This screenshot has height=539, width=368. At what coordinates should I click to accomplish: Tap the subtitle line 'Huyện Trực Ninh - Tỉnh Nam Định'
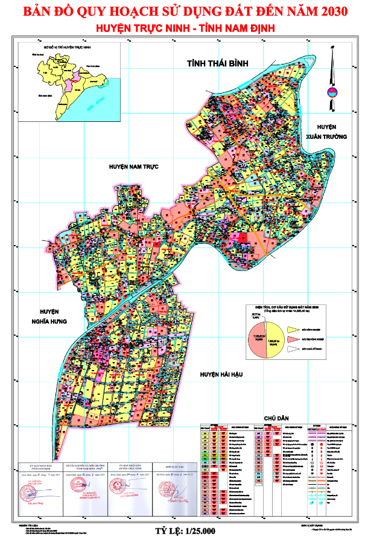pyautogui.click(x=185, y=28)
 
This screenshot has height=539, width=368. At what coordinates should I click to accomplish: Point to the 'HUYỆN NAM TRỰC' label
pyautogui.click(x=133, y=166)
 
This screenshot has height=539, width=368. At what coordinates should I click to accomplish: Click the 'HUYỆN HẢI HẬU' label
pyautogui.click(x=221, y=375)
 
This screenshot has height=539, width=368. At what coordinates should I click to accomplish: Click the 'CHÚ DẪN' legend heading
pyautogui.click(x=276, y=418)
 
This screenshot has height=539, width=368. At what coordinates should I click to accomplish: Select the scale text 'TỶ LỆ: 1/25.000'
pyautogui.click(x=184, y=531)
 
